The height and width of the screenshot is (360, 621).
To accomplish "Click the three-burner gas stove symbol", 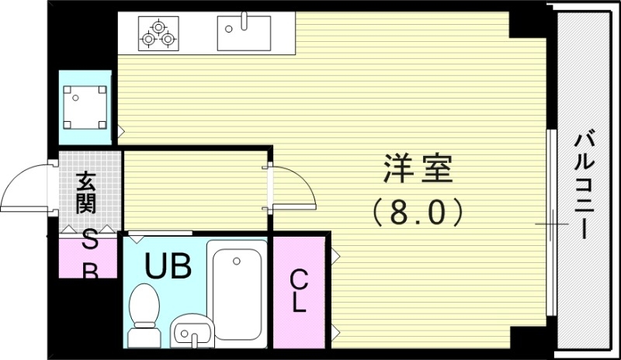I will (158, 33).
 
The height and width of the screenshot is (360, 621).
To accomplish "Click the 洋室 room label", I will (417, 169).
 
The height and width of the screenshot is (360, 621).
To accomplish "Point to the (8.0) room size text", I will (417, 211).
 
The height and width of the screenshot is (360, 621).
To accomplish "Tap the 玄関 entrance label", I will (86, 193).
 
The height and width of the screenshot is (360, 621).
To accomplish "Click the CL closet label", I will (298, 290).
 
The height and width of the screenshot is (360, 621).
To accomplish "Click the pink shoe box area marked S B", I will (88, 256).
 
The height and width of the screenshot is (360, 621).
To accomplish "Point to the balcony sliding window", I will (551, 223).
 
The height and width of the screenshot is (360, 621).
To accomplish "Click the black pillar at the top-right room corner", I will (528, 24).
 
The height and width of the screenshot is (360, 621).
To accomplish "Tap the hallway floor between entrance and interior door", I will (194, 190).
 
